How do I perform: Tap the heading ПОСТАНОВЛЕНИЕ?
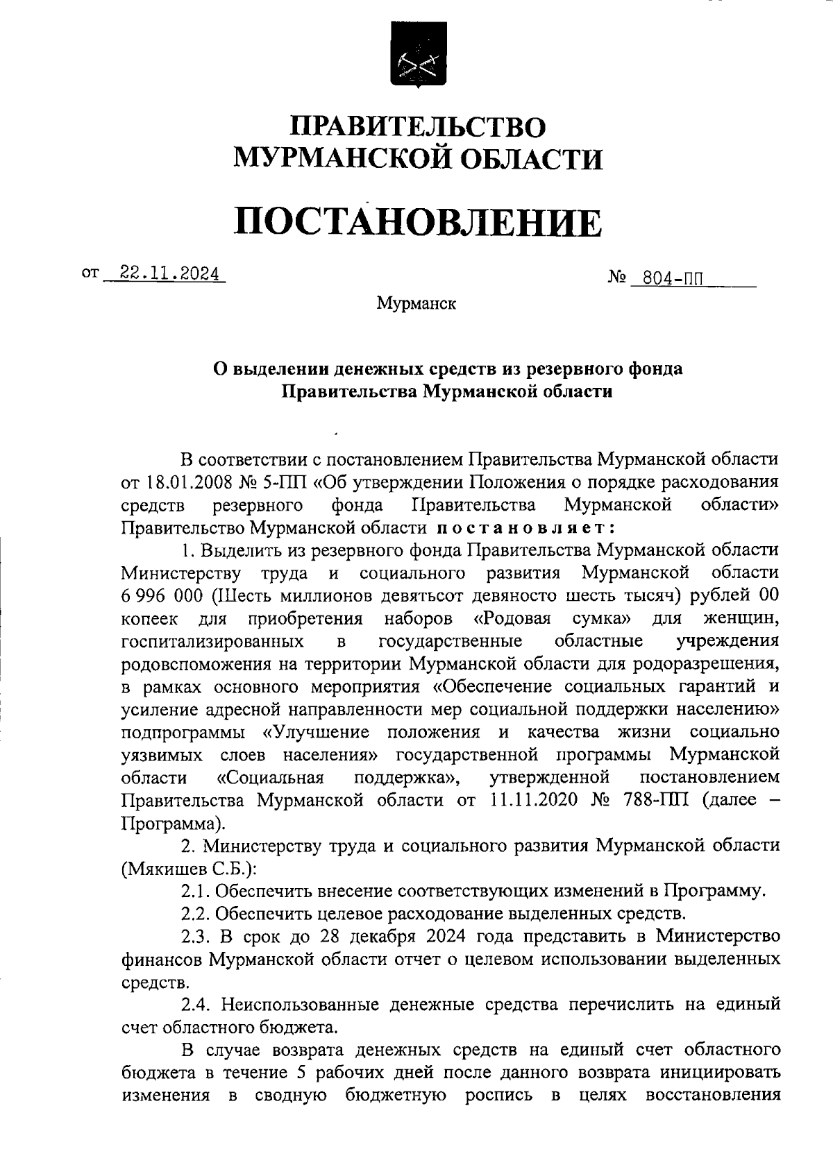click(x=417, y=221)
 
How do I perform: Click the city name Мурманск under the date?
click(x=416, y=303)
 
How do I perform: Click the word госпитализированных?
click(x=212, y=640)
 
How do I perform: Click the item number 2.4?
click(x=196, y=1004)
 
